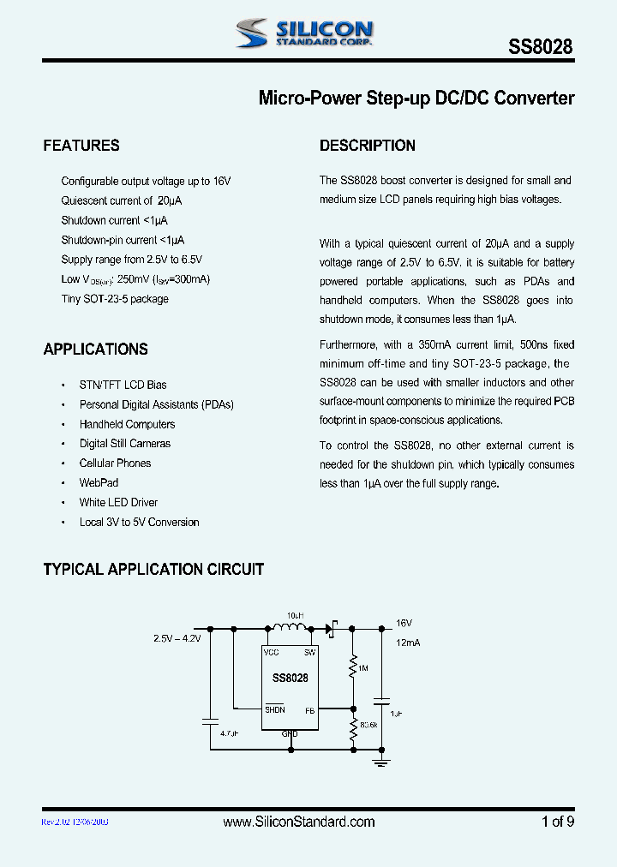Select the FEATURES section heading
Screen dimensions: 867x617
click(x=81, y=146)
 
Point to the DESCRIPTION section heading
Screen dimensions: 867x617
click(x=367, y=146)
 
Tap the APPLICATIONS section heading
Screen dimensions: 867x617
click(x=95, y=350)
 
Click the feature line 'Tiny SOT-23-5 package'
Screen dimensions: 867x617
click(x=115, y=299)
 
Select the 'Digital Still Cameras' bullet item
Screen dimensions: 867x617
click(x=125, y=444)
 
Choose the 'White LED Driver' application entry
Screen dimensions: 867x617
click(x=118, y=503)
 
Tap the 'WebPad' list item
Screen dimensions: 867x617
click(x=99, y=483)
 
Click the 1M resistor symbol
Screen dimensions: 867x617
click(x=352, y=665)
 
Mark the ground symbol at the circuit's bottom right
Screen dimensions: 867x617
click(x=382, y=760)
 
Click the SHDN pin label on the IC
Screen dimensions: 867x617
click(x=274, y=710)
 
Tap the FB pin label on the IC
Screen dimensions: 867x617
click(x=310, y=710)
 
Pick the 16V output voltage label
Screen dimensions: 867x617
click(x=404, y=624)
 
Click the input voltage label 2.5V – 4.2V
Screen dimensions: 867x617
click(x=177, y=639)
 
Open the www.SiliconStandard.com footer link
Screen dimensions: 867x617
click(x=299, y=822)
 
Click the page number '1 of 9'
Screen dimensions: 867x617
click(x=558, y=822)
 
